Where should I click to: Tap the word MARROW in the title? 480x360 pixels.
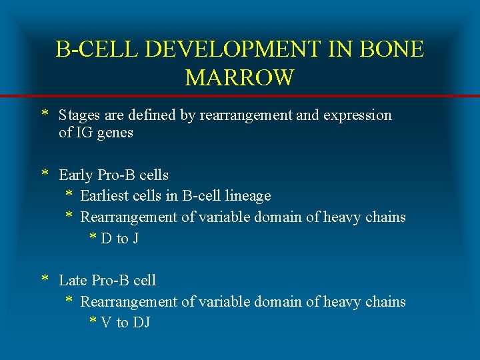click(x=239, y=78)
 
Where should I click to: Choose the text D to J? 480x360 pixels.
click(x=120, y=239)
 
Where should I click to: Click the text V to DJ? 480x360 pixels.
click(x=125, y=323)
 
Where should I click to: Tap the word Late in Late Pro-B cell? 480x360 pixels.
click(x=73, y=281)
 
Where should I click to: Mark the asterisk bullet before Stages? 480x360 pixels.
click(x=45, y=114)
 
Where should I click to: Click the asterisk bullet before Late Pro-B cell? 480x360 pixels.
click(x=45, y=279)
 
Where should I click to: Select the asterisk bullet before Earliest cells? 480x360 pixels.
click(x=69, y=195)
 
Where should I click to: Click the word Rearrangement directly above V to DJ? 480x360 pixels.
click(x=129, y=302)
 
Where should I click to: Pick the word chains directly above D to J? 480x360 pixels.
click(x=385, y=217)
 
